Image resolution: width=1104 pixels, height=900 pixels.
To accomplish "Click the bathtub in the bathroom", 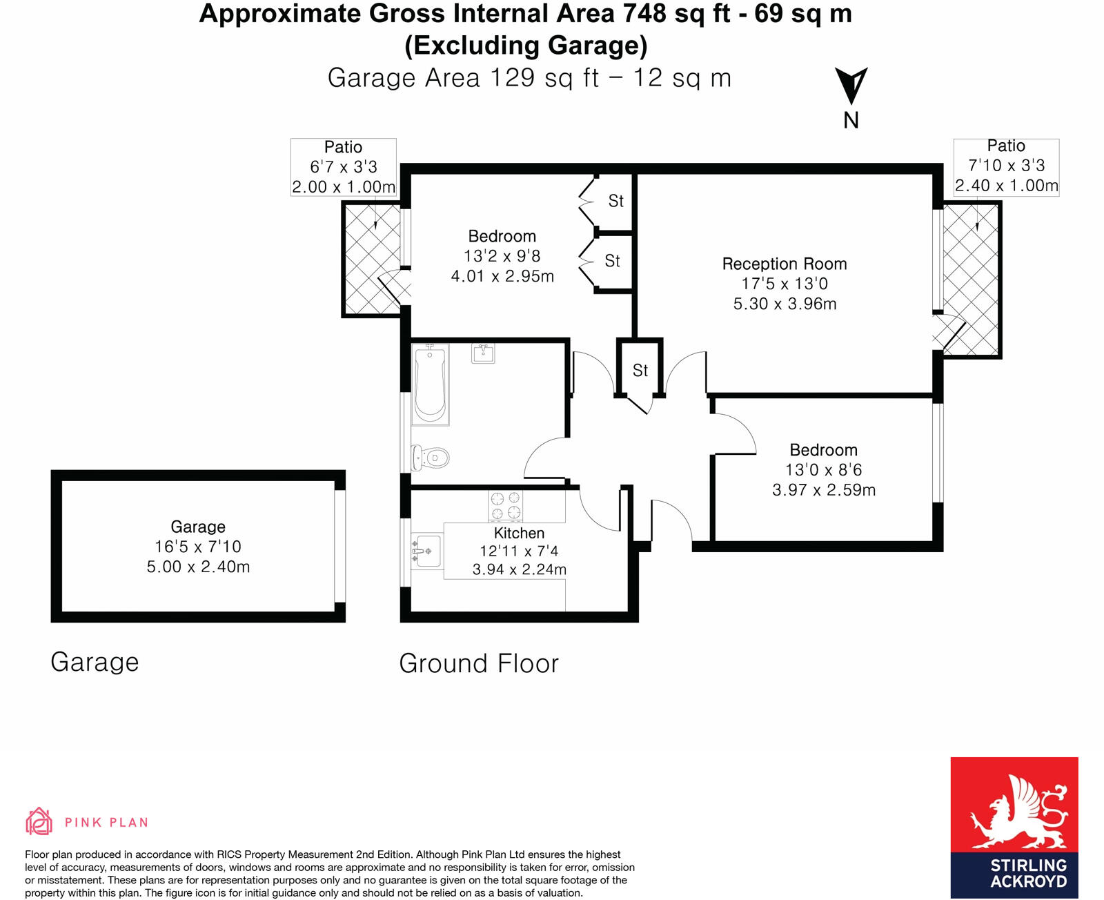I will pyautogui.click(x=430, y=385).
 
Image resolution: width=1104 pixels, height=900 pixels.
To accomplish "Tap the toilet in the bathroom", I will pyautogui.click(x=431, y=457).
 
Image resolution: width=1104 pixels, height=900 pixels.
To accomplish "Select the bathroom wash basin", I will pyautogui.click(x=483, y=353).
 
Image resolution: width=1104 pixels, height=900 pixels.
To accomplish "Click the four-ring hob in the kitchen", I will pyautogui.click(x=505, y=505).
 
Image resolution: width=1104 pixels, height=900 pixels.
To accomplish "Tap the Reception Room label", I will pyautogui.click(x=785, y=264).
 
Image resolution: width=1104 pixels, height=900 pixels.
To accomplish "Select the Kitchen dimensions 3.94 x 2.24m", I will pyautogui.click(x=519, y=569).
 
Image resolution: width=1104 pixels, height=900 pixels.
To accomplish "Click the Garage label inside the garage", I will pyautogui.click(x=198, y=527).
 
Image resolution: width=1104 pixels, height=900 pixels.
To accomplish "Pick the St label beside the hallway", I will pyautogui.click(x=640, y=371).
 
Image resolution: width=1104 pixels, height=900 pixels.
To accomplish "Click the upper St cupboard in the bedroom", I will pyautogui.click(x=615, y=201).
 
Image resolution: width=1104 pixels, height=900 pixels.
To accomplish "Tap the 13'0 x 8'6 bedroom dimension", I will pyautogui.click(x=823, y=470).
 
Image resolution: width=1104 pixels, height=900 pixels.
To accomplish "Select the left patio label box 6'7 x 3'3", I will pyautogui.click(x=343, y=167).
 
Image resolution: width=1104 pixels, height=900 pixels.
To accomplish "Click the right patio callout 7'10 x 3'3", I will pyautogui.click(x=1006, y=166).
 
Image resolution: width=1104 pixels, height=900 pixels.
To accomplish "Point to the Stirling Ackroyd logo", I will pyautogui.click(x=1014, y=827).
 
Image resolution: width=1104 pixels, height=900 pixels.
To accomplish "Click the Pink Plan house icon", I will pyautogui.click(x=39, y=821).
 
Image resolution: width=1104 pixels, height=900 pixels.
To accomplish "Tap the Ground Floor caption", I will pyautogui.click(x=479, y=663).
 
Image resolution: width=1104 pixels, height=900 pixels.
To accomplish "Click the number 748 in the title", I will pyautogui.click(x=646, y=13).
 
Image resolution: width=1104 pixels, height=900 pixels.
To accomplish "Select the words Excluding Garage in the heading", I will pyautogui.click(x=526, y=46).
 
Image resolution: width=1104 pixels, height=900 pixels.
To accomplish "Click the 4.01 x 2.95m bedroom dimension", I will pyautogui.click(x=502, y=276).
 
